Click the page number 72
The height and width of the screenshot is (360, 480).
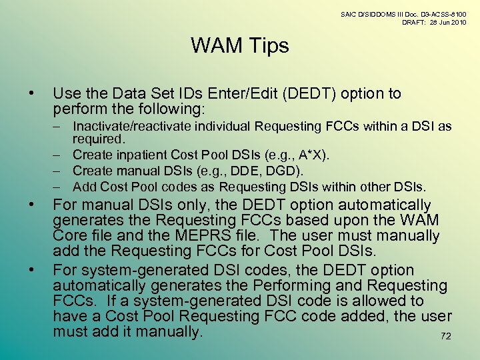(446, 336)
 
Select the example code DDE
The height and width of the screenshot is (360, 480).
(226, 171)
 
